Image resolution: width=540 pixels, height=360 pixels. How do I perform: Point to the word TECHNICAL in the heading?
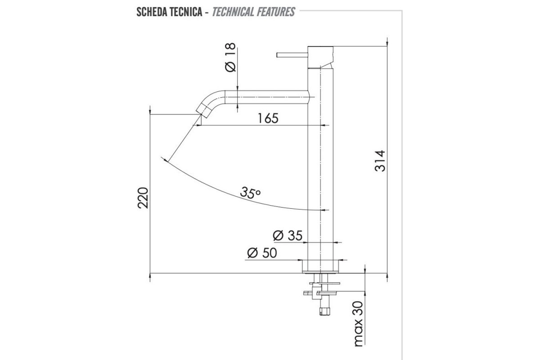[x=232, y=12]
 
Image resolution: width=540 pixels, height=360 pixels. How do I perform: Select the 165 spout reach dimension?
[x=268, y=118]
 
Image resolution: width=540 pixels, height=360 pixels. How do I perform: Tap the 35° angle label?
[x=250, y=193]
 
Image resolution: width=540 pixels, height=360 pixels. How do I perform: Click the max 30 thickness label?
[x=358, y=324]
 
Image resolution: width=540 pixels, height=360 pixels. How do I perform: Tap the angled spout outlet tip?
[x=204, y=109]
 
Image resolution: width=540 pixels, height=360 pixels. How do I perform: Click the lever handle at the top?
[x=292, y=55]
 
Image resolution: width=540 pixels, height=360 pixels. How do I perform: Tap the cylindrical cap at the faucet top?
[x=320, y=55]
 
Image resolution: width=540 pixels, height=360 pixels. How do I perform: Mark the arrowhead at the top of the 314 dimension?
[x=387, y=43]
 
